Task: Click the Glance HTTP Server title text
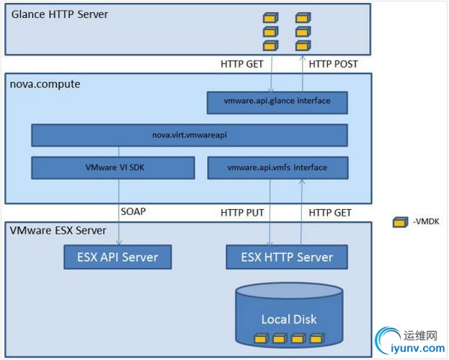pyautogui.click(x=58, y=14)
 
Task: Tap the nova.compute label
pyautogui.click(x=45, y=84)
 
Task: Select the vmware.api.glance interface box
pyautogui.click(x=277, y=102)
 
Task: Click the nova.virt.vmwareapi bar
pyautogui.click(x=190, y=135)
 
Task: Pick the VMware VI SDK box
pyautogui.click(x=113, y=168)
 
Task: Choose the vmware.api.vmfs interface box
pyautogui.click(x=277, y=168)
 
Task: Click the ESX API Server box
pyautogui.click(x=117, y=257)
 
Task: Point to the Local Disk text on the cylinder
pyautogui.click(x=288, y=319)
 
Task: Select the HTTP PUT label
pyautogui.click(x=242, y=212)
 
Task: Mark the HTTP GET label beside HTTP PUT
pyautogui.click(x=330, y=212)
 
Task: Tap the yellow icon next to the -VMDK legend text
pyautogui.click(x=399, y=223)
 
